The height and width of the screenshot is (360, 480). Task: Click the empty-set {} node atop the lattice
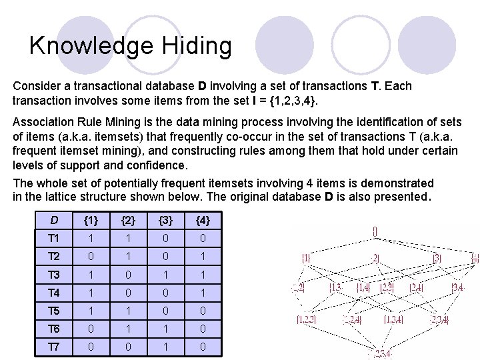pyautogui.click(x=375, y=232)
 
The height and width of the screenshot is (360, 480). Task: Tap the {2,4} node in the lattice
pyautogui.click(x=416, y=287)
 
